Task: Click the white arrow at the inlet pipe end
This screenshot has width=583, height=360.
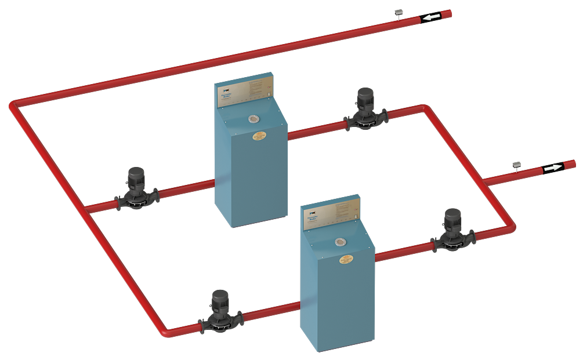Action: (x=430, y=17)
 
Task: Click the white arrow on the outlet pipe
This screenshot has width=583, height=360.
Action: (x=553, y=168)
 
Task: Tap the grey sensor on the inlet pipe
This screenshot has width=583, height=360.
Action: (x=398, y=12)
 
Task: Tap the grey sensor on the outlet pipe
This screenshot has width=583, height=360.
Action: (x=516, y=165)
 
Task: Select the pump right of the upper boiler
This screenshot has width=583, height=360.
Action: (x=365, y=108)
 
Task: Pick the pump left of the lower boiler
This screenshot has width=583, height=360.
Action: (x=219, y=312)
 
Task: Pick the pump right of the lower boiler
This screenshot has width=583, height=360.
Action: (x=452, y=230)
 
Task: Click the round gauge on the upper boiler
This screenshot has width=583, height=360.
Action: (x=254, y=119)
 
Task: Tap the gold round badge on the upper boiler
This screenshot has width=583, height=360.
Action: (x=259, y=136)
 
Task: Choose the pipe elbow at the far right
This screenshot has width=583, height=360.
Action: (x=510, y=227)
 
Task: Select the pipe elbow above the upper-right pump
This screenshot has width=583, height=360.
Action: (x=424, y=108)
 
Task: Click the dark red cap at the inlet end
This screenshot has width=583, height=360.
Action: (x=446, y=14)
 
